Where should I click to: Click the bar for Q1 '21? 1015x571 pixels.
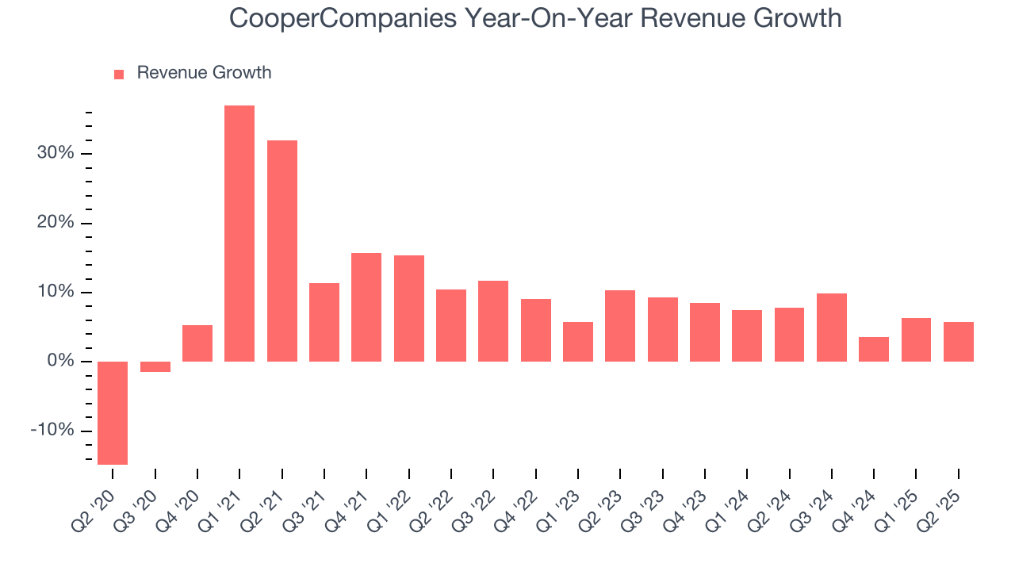(x=239, y=233)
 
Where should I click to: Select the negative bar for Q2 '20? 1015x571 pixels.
(x=113, y=412)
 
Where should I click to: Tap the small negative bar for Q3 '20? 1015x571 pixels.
(x=155, y=366)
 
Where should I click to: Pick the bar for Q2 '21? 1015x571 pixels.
(x=282, y=251)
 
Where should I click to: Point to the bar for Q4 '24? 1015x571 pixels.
(x=874, y=349)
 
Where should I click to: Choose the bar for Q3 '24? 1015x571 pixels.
(x=832, y=327)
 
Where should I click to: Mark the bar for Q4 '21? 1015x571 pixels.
(x=366, y=307)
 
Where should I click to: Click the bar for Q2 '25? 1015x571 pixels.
(x=959, y=341)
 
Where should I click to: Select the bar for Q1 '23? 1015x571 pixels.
(x=578, y=341)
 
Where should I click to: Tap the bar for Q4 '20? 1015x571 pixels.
(x=197, y=343)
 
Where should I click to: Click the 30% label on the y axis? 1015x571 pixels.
(x=56, y=153)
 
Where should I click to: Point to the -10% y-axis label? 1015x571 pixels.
(x=52, y=431)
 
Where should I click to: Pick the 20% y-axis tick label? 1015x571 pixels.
(x=56, y=223)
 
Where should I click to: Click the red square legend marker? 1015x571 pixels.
(x=119, y=74)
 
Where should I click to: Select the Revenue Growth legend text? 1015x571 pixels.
(x=204, y=73)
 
